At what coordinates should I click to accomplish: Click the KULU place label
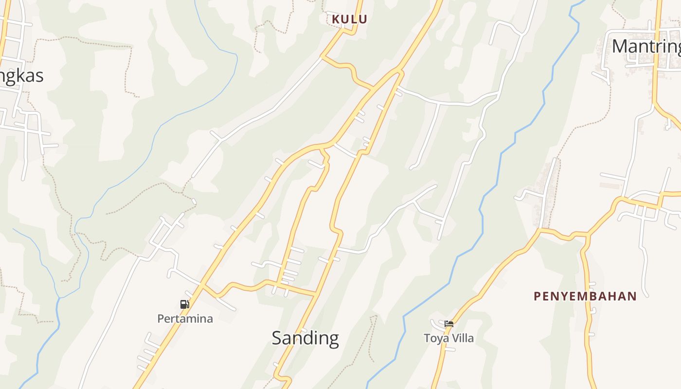[349, 19]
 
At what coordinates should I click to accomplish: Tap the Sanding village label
[305, 338]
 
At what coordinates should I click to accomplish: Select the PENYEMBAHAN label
[585, 296]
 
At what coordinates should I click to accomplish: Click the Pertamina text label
[185, 319]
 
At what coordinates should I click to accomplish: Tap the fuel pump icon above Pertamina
[184, 304]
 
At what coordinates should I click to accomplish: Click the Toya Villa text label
[448, 338]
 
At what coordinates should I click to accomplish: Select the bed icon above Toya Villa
[448, 324]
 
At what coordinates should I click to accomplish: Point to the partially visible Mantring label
[646, 46]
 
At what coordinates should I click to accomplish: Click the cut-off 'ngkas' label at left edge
[22, 76]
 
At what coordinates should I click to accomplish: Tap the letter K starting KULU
[336, 19]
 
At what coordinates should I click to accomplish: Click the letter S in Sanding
[277, 338]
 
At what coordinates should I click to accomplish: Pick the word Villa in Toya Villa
[463, 338]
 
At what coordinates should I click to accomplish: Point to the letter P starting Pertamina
[161, 319]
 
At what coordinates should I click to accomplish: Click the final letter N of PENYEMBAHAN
[632, 296]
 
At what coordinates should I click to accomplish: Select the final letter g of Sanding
[333, 339]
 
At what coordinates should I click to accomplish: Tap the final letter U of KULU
[363, 19]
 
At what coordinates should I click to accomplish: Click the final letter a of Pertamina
[210, 319]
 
